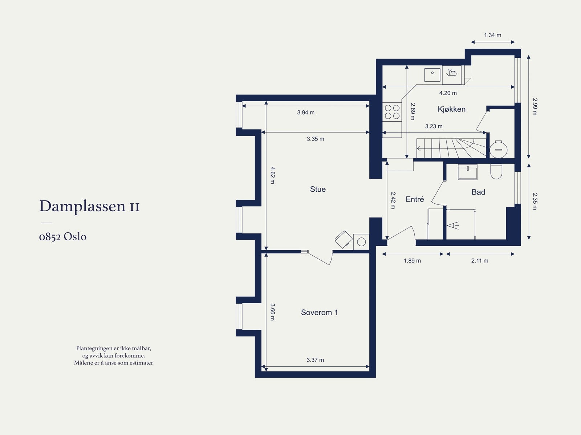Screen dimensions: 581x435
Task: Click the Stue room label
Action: tap(318, 189)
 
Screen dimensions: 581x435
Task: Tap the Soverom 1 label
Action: tap(319, 313)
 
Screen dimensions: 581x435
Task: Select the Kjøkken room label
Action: tap(452, 109)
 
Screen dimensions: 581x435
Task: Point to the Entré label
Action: tap(415, 199)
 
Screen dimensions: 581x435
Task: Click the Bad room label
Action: tap(478, 192)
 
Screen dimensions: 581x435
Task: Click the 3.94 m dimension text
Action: tap(306, 113)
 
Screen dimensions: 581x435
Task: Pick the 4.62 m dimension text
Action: tap(273, 175)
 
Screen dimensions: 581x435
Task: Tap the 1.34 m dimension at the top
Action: tap(493, 35)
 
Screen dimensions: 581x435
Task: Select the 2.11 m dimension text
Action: tap(480, 261)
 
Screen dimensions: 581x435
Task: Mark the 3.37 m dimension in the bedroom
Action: tap(315, 360)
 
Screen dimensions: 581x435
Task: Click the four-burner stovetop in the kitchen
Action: tap(392, 112)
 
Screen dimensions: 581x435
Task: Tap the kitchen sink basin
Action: tap(432, 75)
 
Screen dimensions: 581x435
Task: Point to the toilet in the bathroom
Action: tap(496, 171)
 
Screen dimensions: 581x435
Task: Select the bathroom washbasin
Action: tap(468, 172)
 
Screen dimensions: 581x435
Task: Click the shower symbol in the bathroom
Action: tap(453, 226)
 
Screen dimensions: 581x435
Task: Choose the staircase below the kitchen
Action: tap(451, 148)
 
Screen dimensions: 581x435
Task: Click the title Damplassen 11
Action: tap(89, 206)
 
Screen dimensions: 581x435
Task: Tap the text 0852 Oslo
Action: tap(63, 236)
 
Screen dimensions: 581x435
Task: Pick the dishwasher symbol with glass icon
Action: tap(452, 75)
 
